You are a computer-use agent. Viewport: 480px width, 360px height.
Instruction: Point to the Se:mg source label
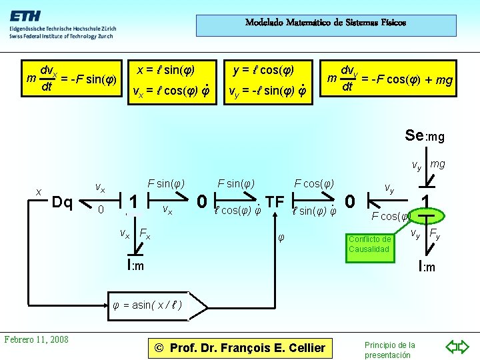(425, 136)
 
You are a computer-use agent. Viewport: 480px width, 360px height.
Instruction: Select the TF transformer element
(275, 201)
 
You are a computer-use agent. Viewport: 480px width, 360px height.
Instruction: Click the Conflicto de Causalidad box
(369, 244)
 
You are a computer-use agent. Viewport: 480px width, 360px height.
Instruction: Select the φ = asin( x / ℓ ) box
(148, 305)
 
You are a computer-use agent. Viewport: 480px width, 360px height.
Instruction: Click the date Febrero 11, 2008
(37, 339)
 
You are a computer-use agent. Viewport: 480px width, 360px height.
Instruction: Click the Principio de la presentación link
(390, 349)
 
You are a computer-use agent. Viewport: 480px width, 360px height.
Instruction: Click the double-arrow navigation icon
(457, 347)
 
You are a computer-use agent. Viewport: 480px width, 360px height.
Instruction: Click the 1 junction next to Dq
(134, 201)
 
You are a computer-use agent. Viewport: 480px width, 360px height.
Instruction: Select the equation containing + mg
(391, 79)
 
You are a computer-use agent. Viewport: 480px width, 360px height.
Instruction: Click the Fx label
(144, 234)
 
